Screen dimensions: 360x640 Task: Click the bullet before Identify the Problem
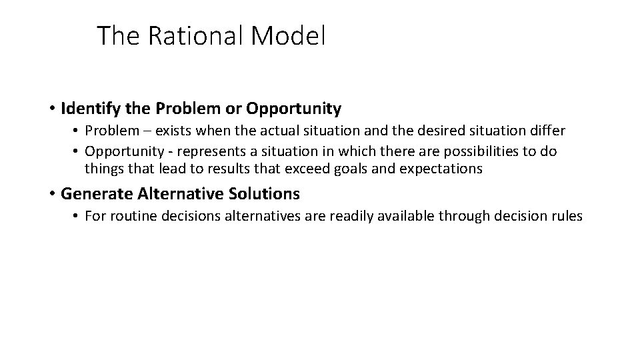click(51, 108)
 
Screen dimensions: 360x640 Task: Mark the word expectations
click(441, 169)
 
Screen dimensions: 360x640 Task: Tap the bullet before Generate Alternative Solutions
click(51, 194)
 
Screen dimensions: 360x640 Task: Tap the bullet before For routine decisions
click(77, 216)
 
